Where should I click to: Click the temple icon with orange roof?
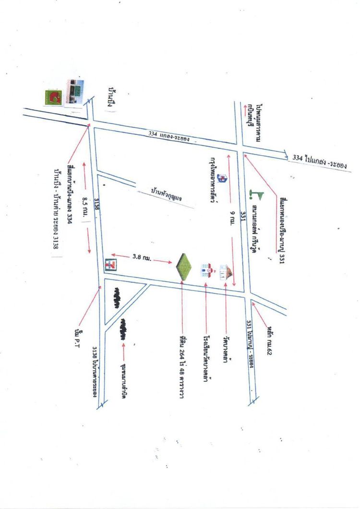[x=226, y=272]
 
